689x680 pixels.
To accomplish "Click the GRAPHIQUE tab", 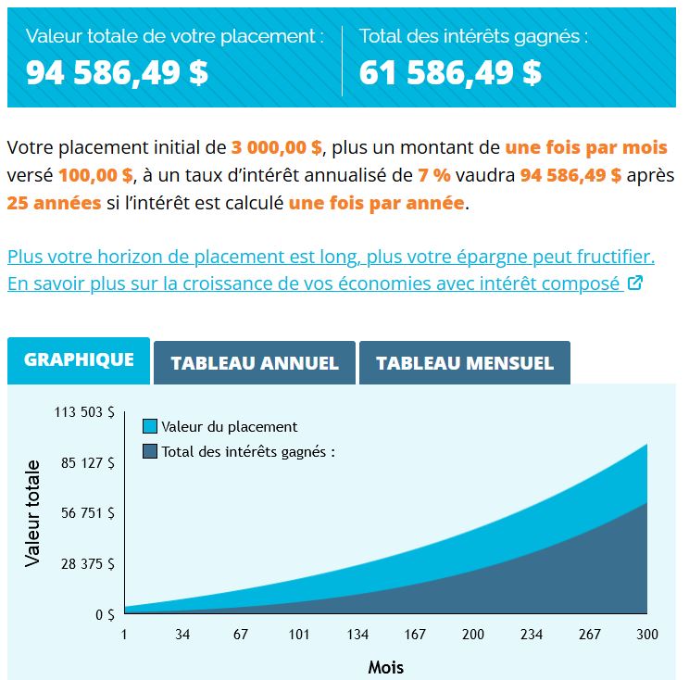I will click(x=79, y=360).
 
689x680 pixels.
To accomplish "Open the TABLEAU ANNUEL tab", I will click(x=255, y=363).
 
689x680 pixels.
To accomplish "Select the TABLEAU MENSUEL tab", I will click(x=464, y=363).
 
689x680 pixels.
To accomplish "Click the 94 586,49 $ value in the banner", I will click(x=117, y=72).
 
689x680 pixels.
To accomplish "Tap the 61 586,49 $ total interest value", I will click(x=450, y=72).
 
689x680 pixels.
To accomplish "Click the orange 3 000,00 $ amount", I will click(x=277, y=147).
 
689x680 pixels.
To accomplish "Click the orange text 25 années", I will click(x=54, y=203).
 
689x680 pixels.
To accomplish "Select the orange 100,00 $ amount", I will click(x=96, y=175).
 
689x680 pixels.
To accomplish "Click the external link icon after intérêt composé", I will click(x=634, y=283).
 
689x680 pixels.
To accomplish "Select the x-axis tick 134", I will click(x=357, y=635).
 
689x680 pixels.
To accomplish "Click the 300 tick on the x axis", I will click(x=647, y=635).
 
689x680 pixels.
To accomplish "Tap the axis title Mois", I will click(x=385, y=666).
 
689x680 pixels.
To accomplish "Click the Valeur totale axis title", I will click(x=33, y=512).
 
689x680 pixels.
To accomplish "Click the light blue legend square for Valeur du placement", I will click(x=150, y=427).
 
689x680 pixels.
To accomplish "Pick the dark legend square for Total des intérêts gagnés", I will click(x=150, y=451).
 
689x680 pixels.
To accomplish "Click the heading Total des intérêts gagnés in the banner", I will click(x=473, y=37).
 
